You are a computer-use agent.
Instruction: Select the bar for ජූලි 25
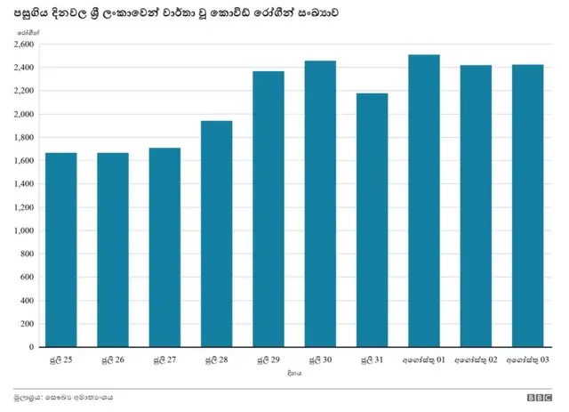click(60, 250)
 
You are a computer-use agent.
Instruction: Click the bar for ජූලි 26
click(113, 250)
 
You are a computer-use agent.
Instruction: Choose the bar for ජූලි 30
click(320, 204)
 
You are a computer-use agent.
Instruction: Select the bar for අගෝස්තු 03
click(527, 206)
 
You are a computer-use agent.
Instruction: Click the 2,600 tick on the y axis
click(24, 44)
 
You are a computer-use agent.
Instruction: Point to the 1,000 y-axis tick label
click(24, 230)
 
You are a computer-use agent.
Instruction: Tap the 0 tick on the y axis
click(30, 347)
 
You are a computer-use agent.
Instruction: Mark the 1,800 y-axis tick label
click(24, 137)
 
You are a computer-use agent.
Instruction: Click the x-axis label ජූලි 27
click(164, 359)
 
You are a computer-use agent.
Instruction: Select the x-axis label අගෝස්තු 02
click(476, 359)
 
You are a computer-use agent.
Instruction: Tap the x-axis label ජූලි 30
click(320, 359)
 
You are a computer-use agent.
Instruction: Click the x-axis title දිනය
click(294, 375)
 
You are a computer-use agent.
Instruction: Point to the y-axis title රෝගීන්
click(27, 32)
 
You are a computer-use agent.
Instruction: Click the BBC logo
click(539, 398)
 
